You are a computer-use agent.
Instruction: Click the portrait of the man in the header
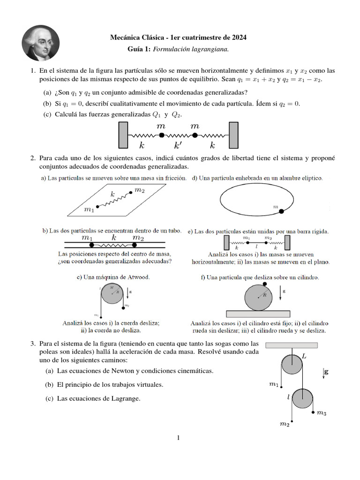click(41, 43)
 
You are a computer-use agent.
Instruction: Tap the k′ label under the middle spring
click(179, 145)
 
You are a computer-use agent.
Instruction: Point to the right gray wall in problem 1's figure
click(234, 135)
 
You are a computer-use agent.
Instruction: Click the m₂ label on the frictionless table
click(139, 190)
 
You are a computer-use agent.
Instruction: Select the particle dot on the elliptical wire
click(281, 212)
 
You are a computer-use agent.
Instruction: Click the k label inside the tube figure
click(114, 238)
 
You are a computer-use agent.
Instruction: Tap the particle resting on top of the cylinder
click(265, 284)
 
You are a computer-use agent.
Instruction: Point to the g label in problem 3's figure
click(326, 372)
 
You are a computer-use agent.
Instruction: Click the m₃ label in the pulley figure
click(322, 413)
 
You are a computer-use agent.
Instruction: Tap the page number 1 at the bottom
click(179, 438)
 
